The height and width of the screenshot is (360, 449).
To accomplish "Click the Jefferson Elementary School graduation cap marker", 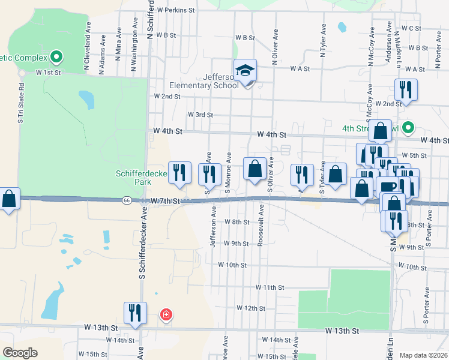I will (245, 71).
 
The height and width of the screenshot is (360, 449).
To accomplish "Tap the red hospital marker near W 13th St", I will (166, 314).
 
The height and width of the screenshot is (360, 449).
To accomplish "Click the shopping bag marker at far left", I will (9, 199).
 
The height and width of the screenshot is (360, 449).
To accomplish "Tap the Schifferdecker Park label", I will (136, 177).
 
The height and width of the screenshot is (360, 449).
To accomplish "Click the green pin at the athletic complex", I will (57, 58).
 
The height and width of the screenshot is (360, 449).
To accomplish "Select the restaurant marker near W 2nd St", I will (406, 91).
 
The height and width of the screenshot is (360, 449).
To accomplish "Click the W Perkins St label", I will (176, 10).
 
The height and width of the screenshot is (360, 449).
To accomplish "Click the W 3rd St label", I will (200, 115).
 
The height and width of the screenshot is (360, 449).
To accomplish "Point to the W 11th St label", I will (269, 288).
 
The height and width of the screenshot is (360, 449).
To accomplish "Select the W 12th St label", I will (251, 308).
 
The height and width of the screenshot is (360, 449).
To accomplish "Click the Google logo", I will (20, 353).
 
